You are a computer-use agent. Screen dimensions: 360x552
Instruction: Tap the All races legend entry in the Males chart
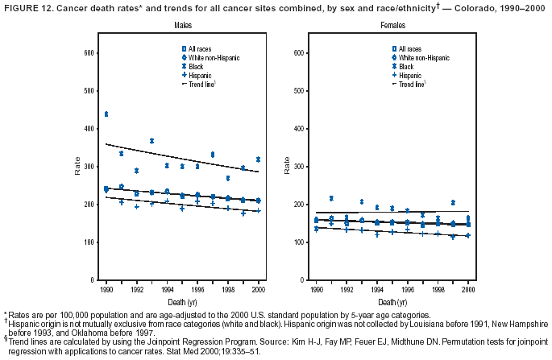point(198,50)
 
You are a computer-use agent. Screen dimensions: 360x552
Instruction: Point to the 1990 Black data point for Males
point(106,114)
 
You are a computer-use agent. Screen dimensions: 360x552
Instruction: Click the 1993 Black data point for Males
point(151,141)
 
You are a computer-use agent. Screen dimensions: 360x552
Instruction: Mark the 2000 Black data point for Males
point(258,159)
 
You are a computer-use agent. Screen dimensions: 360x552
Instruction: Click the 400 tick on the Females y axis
point(297,129)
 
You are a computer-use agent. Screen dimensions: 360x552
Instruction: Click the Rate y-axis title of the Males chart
point(78,167)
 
